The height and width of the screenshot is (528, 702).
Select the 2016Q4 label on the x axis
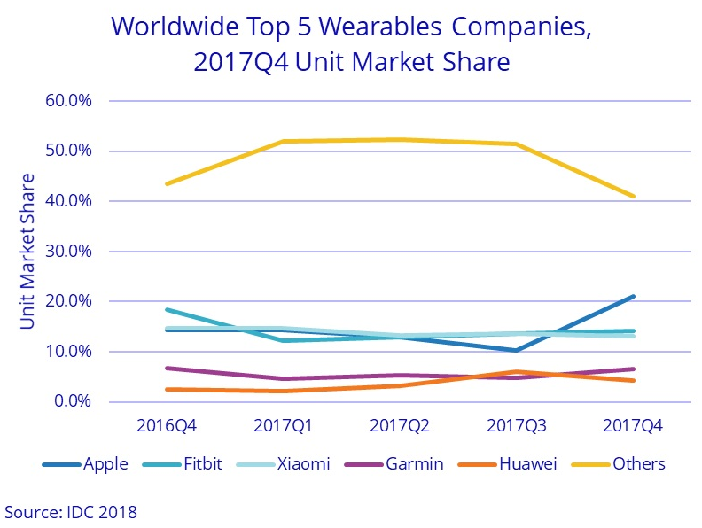coord(166,425)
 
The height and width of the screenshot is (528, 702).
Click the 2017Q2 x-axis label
coord(399,425)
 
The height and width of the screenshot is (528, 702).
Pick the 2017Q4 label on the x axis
coord(633,425)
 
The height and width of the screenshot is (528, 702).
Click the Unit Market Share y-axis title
coord(27,252)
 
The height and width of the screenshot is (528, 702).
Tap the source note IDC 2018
coord(72,511)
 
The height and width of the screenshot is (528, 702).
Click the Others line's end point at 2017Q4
coord(633,196)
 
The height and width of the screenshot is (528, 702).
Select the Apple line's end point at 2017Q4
coord(633,297)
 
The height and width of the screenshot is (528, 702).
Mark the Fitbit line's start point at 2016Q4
coord(166,310)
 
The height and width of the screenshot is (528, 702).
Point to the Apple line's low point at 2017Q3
coord(516,350)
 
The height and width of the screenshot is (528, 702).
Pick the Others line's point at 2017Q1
coord(283,142)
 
